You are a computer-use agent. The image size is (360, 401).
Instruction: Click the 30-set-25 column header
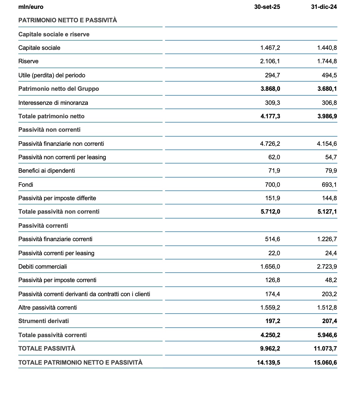267,7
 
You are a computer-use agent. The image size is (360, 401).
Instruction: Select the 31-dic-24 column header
324,7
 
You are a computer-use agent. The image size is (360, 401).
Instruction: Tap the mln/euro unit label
31,7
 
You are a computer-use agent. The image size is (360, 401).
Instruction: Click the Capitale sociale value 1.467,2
270,48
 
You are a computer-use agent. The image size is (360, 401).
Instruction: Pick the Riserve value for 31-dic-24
327,61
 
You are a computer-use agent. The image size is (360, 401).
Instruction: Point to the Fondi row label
26,185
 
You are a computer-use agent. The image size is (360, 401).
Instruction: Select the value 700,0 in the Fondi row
272,185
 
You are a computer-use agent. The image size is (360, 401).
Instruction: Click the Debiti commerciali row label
42,267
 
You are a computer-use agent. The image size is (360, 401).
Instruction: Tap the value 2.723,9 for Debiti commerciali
327,267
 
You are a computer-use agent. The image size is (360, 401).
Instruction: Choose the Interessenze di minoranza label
53,103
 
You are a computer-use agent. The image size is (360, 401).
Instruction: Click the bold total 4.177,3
270,116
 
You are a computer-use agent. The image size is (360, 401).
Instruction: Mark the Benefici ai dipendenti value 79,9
331,171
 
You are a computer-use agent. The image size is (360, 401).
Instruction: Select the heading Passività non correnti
49,130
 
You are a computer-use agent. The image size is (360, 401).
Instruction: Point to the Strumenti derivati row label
43,321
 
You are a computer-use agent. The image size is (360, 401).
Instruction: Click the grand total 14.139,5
268,362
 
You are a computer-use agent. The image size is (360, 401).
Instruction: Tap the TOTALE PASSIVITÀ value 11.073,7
325,348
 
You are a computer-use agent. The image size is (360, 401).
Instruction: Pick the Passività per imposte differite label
57,198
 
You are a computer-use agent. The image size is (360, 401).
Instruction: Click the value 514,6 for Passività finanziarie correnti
272,239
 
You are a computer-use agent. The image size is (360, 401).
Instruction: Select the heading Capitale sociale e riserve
54,34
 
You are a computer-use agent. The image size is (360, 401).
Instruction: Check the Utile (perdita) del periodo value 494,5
329,75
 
